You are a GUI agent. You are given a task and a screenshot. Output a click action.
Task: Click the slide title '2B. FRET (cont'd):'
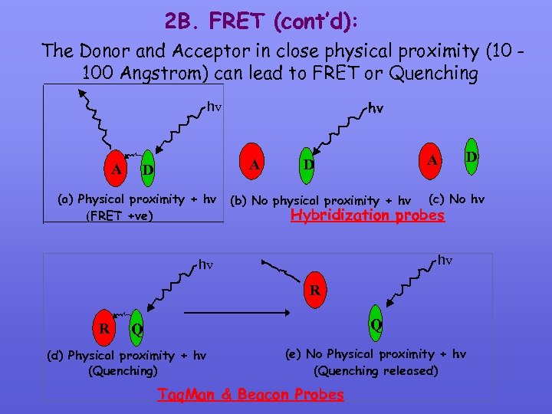261,21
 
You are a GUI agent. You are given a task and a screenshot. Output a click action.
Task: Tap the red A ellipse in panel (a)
117,169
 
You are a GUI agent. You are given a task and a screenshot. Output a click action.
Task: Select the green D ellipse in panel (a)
148,169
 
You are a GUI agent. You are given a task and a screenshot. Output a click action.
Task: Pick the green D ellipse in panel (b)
307,164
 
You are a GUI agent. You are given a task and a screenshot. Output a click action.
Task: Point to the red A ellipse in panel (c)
433,160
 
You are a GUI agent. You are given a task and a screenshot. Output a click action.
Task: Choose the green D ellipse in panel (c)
472,156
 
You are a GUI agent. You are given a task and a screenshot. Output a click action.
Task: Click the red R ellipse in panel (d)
104,328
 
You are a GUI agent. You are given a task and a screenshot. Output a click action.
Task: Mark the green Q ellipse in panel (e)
376,324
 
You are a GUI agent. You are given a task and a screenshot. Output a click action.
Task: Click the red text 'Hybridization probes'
367,215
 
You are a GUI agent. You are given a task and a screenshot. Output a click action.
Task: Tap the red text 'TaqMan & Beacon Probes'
251,394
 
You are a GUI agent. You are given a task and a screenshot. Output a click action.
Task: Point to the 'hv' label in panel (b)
376,110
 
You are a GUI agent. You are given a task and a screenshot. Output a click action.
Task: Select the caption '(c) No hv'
456,199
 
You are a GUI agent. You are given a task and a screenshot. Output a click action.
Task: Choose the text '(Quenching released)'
376,370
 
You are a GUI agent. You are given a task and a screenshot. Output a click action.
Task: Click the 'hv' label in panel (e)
445,259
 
